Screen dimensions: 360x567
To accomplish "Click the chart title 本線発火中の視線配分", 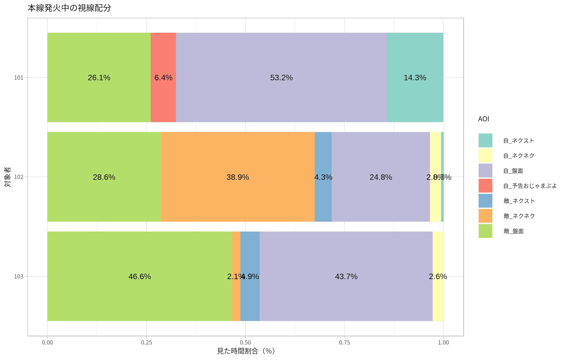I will [69, 8].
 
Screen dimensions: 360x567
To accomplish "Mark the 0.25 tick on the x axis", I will [146, 342].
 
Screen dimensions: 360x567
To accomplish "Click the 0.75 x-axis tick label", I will [344, 342].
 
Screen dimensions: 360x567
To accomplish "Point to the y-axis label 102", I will [19, 177].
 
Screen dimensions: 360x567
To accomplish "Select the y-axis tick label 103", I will [19, 276].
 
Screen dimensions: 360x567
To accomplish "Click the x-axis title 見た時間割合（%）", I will [246, 351].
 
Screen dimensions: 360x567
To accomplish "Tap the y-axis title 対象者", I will [7, 177].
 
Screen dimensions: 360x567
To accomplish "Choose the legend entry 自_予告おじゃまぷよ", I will [530, 186].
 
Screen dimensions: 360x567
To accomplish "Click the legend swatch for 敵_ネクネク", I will [485, 216].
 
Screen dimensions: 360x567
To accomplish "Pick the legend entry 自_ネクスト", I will [519, 141].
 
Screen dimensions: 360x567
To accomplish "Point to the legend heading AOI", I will [483, 119].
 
